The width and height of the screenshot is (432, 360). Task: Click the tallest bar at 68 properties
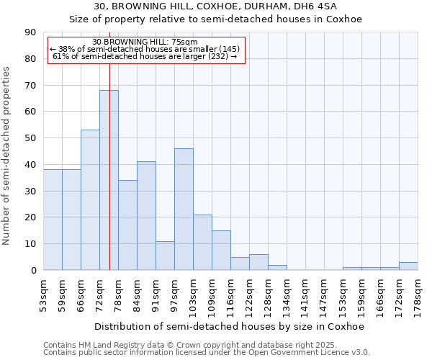pyautogui.click(x=109, y=180)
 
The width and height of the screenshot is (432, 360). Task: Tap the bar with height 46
pyautogui.click(x=184, y=209)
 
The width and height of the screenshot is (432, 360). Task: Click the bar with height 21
pyautogui.click(x=202, y=242)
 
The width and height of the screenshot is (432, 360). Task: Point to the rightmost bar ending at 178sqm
pyautogui.click(x=408, y=266)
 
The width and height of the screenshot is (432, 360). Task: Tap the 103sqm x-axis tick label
pyautogui.click(x=194, y=293)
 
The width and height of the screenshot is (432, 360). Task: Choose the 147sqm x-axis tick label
pyautogui.click(x=325, y=293)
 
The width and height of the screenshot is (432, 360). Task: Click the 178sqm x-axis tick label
pyautogui.click(x=418, y=293)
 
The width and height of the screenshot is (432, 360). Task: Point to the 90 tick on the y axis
pyautogui.click(x=30, y=32)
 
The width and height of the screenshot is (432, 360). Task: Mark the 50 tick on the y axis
pyautogui.click(x=30, y=138)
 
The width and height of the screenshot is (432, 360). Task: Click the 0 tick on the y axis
pyautogui.click(x=33, y=271)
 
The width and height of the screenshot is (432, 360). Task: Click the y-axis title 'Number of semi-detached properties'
pyautogui.click(x=7, y=156)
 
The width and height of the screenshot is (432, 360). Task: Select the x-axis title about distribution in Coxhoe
pyautogui.click(x=230, y=326)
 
